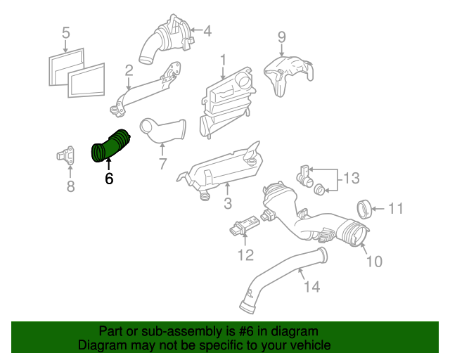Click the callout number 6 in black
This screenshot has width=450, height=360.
(x=108, y=179)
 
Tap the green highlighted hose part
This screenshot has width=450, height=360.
(x=110, y=146)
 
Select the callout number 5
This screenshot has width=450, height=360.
(x=66, y=32)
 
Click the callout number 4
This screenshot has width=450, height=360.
(x=207, y=31)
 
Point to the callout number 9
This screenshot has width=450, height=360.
(x=281, y=37)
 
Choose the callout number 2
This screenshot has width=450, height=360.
(x=129, y=70)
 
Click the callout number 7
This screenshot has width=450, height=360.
(x=162, y=165)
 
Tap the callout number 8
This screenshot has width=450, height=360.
(x=70, y=186)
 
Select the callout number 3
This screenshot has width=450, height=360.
(x=228, y=204)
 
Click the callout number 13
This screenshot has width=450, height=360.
(x=351, y=179)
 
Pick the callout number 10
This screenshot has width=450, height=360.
(x=374, y=262)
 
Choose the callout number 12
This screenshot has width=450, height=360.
(x=245, y=255)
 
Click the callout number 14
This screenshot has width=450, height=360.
(x=311, y=286)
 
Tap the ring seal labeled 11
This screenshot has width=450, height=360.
(x=365, y=209)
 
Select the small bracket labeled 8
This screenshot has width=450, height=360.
(x=67, y=156)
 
